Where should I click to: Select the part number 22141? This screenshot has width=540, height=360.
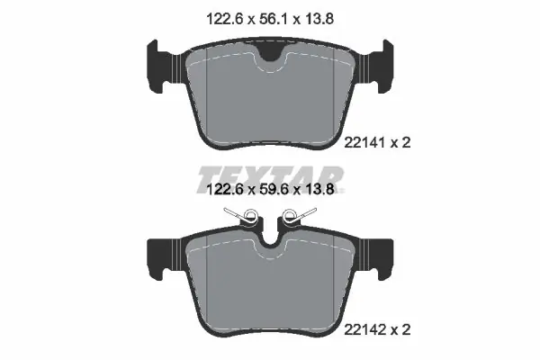[x=364, y=142]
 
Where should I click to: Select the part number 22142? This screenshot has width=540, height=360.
[x=364, y=330]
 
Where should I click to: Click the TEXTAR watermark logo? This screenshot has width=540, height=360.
[x=270, y=179]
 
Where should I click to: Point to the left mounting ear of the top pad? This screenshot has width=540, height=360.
[x=159, y=66]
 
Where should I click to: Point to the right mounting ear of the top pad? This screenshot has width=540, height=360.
[x=382, y=66]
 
